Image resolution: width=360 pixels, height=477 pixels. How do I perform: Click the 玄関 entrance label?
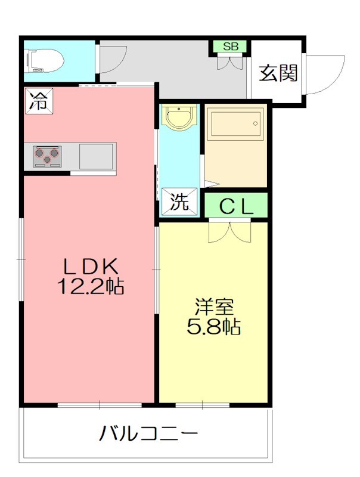tap(278, 73)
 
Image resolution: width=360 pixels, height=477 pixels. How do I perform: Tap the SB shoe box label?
tap(229, 47)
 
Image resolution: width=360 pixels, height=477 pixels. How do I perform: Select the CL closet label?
tap(237, 206)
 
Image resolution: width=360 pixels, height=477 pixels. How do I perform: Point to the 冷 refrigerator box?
tap(38, 100)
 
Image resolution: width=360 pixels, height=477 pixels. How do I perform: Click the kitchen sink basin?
tap(95, 156)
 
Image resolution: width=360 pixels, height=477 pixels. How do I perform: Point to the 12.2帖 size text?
tap(90, 287)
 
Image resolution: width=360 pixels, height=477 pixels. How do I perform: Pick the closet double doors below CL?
tap(230, 231)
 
